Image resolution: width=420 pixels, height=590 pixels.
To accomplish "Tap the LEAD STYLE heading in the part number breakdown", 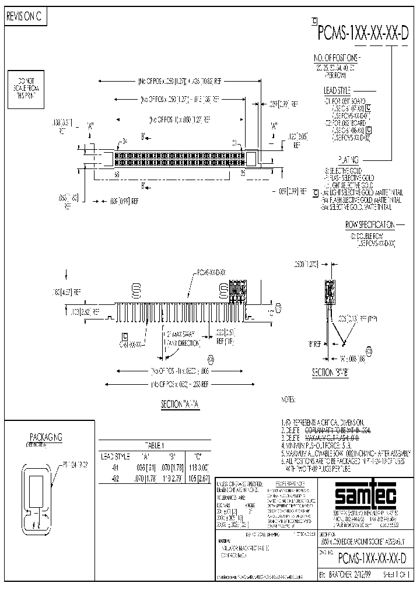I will tap(337, 91).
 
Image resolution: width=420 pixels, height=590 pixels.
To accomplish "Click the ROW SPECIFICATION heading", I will tap(370, 224).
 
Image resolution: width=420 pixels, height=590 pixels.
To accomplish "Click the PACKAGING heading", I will tap(45, 437).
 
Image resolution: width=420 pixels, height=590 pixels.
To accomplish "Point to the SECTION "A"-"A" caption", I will tap(180, 403).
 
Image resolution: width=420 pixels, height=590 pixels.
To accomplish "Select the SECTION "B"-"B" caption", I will tap(330, 373).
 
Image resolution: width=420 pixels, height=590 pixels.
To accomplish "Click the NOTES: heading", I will tap(289, 400).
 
